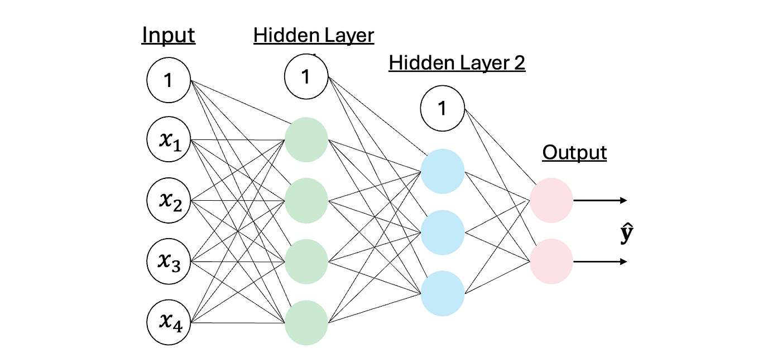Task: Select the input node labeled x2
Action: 169,201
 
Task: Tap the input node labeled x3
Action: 169,262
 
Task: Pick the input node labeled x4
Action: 169,323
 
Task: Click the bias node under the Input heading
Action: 169,81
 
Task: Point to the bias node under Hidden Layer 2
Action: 442,108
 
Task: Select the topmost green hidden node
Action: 306,140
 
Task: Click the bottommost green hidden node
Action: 306,323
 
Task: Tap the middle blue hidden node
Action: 442,232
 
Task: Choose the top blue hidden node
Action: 442,171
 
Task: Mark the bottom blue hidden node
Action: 442,293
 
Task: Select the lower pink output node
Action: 551,262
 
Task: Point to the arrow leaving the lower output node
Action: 601,262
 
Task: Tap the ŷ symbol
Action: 627,235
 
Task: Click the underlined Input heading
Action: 169,35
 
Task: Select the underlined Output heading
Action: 574,152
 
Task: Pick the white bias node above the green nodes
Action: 306,77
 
